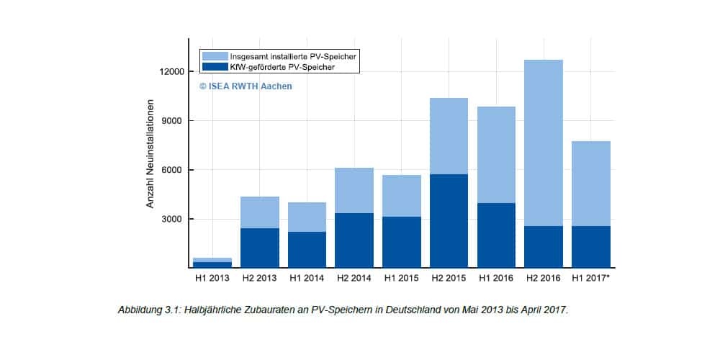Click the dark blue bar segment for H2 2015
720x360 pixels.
(x=449, y=220)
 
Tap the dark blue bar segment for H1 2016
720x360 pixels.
(x=496, y=235)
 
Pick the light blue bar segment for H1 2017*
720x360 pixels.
(x=591, y=184)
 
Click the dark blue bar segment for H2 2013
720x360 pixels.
(x=259, y=248)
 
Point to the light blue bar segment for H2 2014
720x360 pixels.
(x=354, y=190)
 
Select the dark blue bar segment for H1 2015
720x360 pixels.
(x=401, y=242)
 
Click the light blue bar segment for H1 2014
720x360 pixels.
(x=307, y=217)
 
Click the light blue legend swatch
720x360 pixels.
(x=215, y=56)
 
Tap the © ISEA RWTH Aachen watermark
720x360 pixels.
(x=246, y=86)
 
